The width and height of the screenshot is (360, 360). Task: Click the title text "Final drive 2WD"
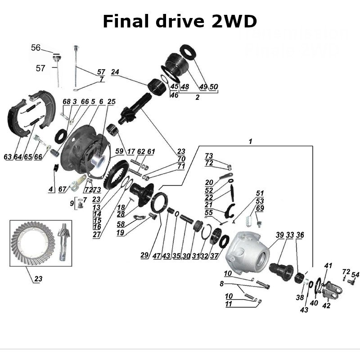coord(180,21)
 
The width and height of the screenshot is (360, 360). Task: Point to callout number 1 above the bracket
coord(251,141)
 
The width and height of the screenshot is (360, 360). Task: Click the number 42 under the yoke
coord(326,306)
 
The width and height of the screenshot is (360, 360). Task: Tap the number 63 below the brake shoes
coord(8,157)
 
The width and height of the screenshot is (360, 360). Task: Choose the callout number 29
coord(144,255)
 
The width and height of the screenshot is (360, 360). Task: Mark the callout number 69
coord(260,209)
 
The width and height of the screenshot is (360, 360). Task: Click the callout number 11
coord(228,304)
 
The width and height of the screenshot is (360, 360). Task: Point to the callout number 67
coord(62,189)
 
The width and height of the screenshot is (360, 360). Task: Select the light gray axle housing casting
coord(247,252)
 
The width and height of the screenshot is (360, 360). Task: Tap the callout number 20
coord(209,182)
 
